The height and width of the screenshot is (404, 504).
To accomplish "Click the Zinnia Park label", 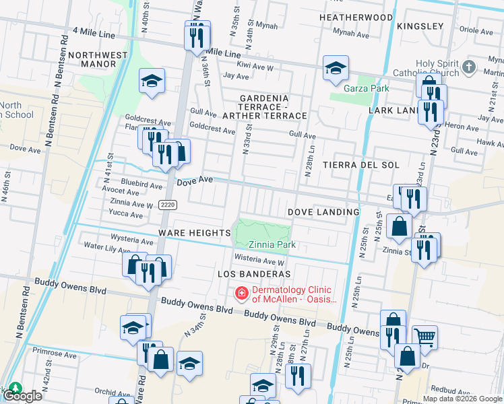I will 272,245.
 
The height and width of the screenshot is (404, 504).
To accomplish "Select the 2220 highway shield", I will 168,205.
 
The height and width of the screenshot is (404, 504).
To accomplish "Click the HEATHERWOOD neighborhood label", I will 355,17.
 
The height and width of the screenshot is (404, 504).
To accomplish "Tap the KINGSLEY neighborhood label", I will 420,26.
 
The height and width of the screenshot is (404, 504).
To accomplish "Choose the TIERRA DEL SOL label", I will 361,165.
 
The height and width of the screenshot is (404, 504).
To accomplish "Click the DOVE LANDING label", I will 323,212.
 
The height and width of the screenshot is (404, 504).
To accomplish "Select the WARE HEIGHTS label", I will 195,233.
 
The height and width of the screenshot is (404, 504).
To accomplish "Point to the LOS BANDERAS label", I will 254,274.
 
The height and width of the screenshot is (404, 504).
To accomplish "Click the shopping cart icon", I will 424,336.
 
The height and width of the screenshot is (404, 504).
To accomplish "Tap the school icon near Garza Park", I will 336,67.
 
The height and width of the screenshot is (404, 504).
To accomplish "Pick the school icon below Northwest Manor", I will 152,81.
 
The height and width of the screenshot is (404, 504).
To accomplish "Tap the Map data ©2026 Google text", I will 462,399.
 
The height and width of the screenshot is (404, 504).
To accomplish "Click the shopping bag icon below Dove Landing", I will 400,226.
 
